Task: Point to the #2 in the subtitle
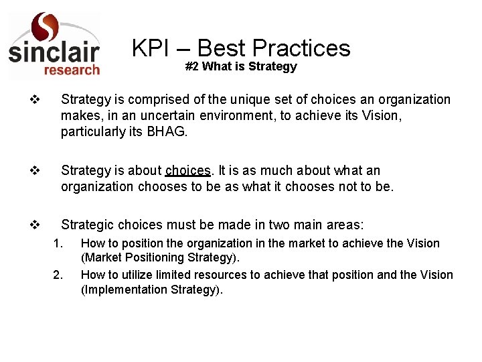191,66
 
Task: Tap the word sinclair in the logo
54,52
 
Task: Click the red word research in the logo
72,69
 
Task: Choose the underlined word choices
187,171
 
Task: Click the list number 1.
58,243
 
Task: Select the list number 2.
58,274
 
